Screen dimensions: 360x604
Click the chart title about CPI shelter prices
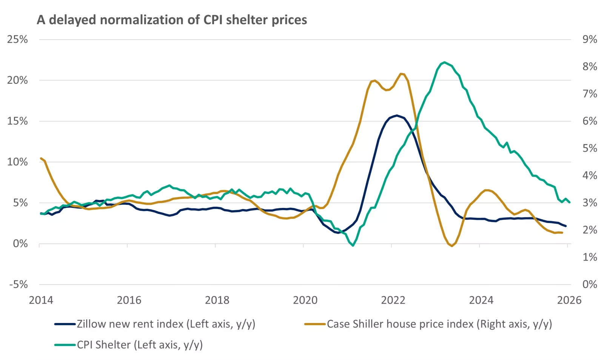tap(172, 20)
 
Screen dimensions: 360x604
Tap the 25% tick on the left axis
tap(17, 39)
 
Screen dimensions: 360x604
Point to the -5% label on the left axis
tap(18, 284)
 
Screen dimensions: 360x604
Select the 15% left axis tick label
tap(17, 121)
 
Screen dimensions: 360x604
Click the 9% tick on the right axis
tap(590, 39)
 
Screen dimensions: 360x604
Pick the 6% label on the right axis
tap(590, 121)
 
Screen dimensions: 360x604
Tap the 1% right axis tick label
tap(590, 257)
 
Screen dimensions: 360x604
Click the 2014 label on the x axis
tap(41, 300)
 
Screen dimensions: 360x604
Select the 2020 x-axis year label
tap(305, 300)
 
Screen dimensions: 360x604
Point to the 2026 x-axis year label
tap(569, 300)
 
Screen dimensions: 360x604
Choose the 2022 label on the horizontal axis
tap(393, 300)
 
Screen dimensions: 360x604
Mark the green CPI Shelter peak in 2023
tap(445, 62)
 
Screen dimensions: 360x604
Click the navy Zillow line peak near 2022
tap(396, 115)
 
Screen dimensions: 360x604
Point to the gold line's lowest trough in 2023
tap(452, 246)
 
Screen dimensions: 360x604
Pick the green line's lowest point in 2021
tap(353, 246)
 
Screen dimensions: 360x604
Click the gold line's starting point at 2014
tap(41, 158)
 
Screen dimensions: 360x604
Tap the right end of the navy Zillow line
tap(565, 226)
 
